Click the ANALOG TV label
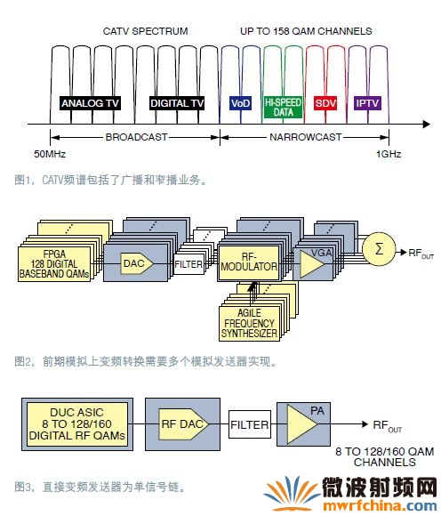90,103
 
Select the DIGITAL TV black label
177,103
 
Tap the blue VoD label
241,103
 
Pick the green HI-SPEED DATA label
283,108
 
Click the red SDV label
325,103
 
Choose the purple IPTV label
367,103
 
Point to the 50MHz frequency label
50,154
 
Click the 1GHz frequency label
389,154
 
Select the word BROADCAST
136,137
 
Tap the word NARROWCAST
305,137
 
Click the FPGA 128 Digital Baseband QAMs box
54,264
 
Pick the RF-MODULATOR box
249,262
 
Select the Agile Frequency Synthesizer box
249,324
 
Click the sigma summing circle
379,249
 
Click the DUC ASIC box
77,424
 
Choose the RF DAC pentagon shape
183,424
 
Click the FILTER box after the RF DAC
250,424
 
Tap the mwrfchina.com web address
380,506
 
